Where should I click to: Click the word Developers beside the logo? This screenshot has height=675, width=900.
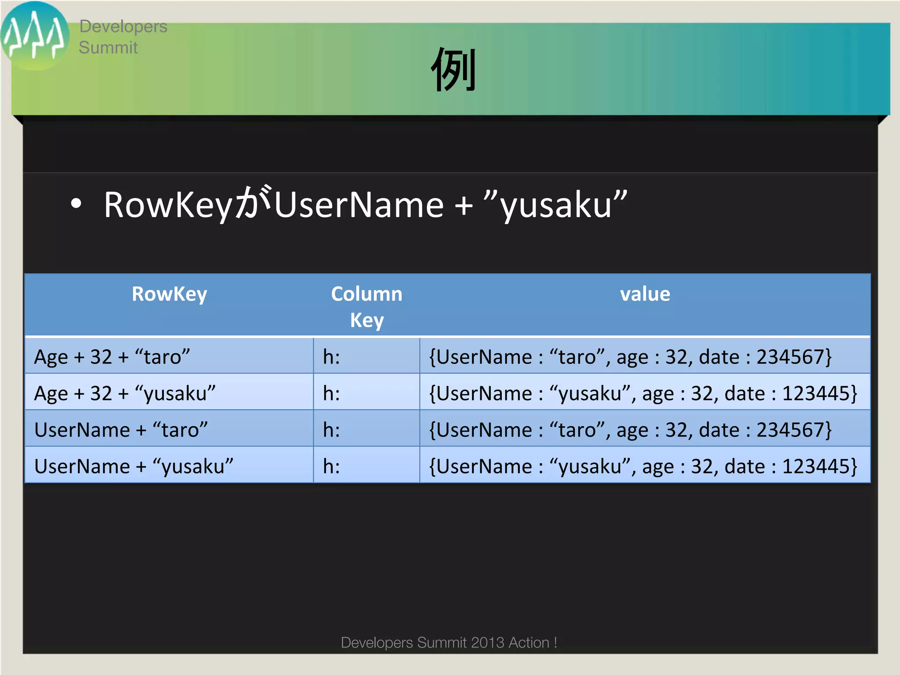[123, 27]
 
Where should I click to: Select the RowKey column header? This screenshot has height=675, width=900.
[169, 294]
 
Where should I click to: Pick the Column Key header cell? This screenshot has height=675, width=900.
[367, 306]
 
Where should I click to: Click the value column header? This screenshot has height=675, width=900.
[645, 294]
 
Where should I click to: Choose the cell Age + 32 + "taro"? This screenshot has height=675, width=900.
[112, 356]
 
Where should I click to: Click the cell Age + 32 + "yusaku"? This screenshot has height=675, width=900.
[125, 393]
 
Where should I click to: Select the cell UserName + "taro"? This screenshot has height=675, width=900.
[121, 429]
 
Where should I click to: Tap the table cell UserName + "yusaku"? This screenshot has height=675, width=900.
[134, 466]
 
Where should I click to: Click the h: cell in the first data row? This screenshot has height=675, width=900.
[331, 356]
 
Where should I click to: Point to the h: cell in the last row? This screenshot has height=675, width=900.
[331, 466]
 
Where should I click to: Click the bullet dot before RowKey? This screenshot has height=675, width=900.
[76, 204]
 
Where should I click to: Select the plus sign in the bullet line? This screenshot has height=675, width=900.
[464, 206]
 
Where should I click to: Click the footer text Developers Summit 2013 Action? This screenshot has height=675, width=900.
[449, 642]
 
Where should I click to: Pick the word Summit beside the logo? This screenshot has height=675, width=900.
[108, 47]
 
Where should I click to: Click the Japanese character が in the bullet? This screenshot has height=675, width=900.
[253, 203]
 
